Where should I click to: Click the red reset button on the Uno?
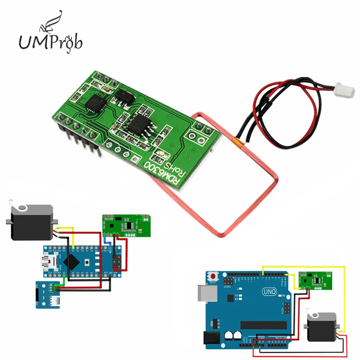coord(214,276)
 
